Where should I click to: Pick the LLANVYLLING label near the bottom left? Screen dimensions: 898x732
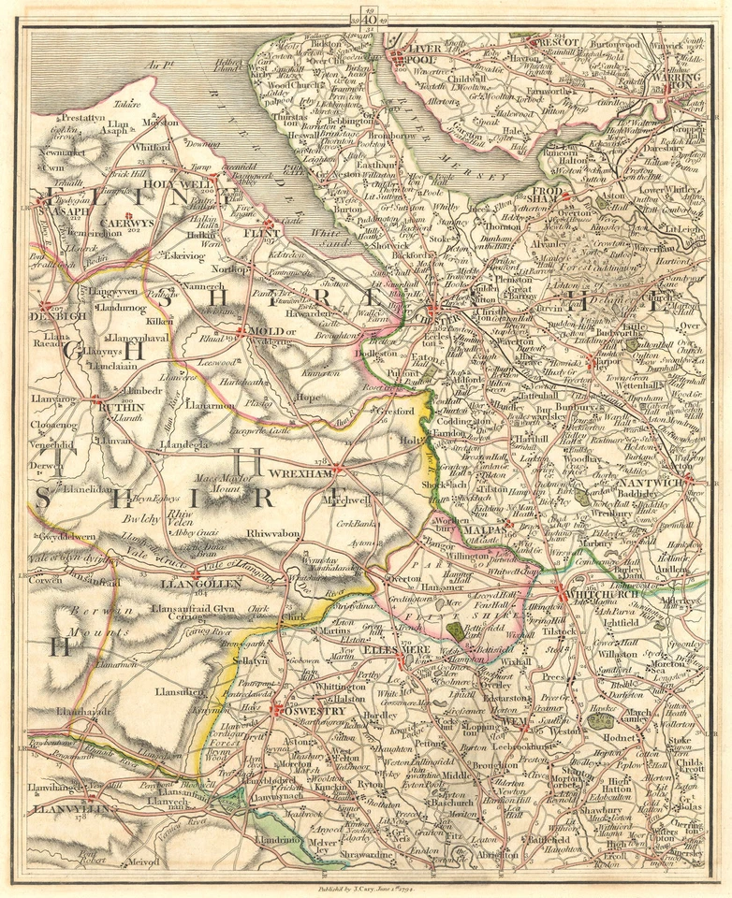[61, 807]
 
